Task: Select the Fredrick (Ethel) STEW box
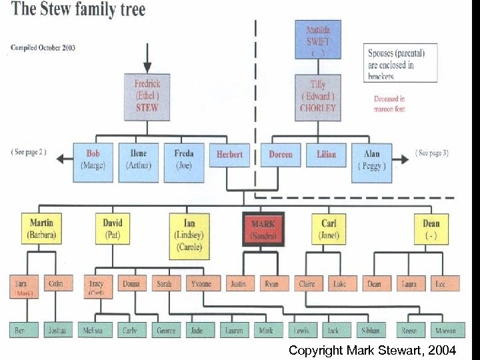click(x=147, y=96)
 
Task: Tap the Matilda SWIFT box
click(x=318, y=39)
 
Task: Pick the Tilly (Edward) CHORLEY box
click(x=318, y=97)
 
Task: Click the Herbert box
click(x=230, y=155)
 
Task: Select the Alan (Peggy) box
click(x=371, y=160)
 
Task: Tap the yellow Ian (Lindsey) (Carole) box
click(x=189, y=234)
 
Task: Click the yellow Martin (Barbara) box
click(x=41, y=229)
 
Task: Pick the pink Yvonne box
click(x=202, y=283)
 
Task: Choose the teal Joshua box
click(x=56, y=330)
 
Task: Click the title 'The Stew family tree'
click(x=79, y=10)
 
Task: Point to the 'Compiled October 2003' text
click(x=43, y=47)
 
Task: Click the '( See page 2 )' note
click(x=29, y=151)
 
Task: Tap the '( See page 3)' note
click(x=432, y=153)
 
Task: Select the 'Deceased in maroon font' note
click(x=389, y=103)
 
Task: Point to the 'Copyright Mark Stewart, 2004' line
click(x=372, y=349)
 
